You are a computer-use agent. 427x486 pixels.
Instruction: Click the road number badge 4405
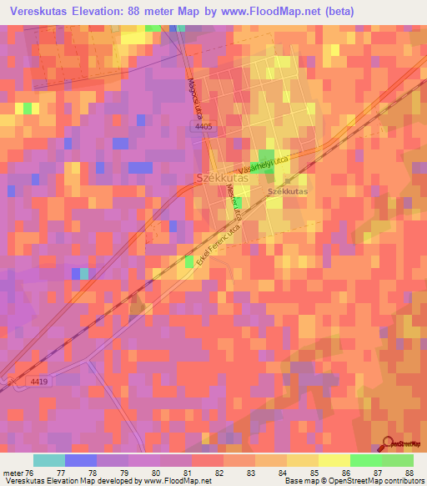pos(203,126)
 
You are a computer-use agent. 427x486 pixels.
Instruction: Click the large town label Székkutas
pos(220,178)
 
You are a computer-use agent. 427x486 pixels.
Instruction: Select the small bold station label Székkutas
pos(287,192)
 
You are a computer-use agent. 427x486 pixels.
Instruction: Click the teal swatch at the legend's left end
pos(49,460)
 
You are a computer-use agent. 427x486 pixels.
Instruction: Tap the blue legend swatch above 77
pos(81,460)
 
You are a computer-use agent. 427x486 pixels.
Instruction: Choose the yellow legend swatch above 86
pos(334,460)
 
